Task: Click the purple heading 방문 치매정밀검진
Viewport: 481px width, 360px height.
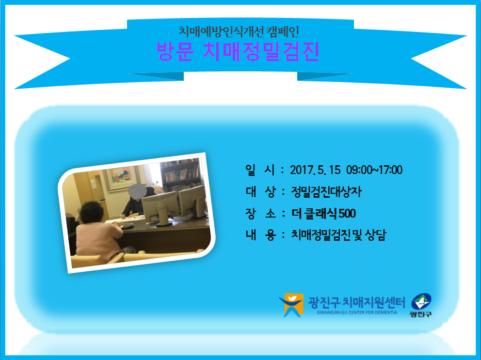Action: (238, 51)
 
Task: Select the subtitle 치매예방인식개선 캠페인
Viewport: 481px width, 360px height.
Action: (239, 31)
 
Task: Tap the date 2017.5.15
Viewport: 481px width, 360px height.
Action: (315, 170)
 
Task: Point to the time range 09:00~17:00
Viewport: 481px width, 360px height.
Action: (374, 170)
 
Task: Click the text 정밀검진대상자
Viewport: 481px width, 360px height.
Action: (326, 192)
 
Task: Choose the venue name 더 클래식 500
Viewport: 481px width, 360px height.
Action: (323, 213)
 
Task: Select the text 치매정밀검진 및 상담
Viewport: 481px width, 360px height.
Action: (338, 235)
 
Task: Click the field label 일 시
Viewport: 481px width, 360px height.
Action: (260, 170)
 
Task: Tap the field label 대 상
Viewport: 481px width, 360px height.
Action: (260, 192)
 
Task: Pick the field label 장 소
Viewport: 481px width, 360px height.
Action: (260, 213)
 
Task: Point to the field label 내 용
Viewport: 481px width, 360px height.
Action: (260, 235)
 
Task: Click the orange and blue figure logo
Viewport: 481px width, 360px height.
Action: (291, 305)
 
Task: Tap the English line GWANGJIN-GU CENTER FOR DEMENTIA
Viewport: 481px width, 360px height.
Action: (357, 313)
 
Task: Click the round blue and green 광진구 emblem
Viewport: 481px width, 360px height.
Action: (421, 302)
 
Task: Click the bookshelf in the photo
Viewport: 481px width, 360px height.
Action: (180, 175)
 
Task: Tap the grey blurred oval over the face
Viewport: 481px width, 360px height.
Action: (137, 191)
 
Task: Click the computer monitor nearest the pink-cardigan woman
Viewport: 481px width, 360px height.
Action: (160, 207)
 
